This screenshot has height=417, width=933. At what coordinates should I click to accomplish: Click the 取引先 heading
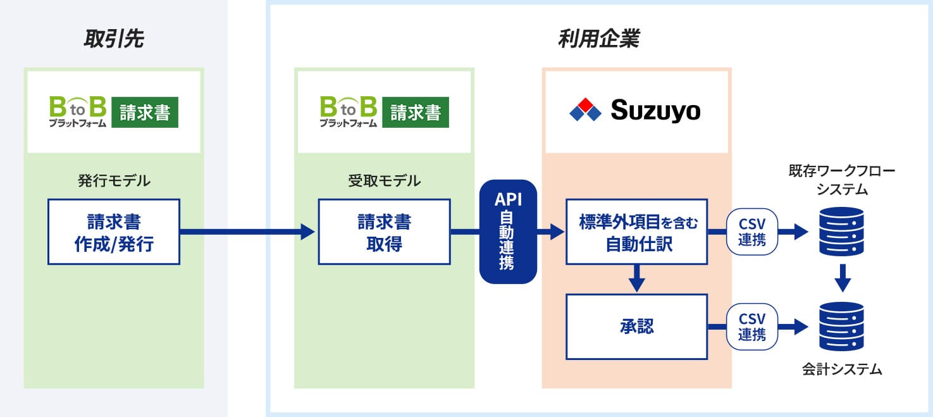tap(114, 39)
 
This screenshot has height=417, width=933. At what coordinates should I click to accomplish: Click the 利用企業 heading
tap(598, 39)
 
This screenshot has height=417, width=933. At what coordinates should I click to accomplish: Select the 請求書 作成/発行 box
tap(114, 232)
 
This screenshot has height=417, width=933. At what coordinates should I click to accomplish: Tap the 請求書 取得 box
tap(384, 232)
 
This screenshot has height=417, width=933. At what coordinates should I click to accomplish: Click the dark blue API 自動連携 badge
tap(508, 232)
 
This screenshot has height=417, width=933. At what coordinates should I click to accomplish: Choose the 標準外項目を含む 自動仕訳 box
tap(636, 232)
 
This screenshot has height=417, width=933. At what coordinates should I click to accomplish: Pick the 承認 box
tap(636, 327)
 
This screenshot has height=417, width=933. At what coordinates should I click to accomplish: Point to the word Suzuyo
tap(655, 111)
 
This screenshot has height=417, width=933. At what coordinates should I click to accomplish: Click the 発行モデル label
tap(114, 181)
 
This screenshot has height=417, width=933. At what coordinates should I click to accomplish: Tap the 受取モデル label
tap(384, 181)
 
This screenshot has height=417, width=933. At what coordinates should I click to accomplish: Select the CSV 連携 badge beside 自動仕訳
tap(751, 232)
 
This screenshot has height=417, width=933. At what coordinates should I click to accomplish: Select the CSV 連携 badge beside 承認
tap(751, 327)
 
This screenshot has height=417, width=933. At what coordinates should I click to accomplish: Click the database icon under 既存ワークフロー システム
tap(841, 231)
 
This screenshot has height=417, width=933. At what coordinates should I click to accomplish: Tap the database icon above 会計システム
tap(841, 326)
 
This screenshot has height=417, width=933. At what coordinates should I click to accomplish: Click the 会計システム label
tap(841, 370)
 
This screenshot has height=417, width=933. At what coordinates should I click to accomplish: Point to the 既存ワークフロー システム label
tap(841, 180)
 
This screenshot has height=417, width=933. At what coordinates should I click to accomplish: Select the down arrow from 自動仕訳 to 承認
tap(637, 278)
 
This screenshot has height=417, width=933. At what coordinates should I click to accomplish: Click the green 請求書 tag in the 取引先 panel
tap(145, 112)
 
